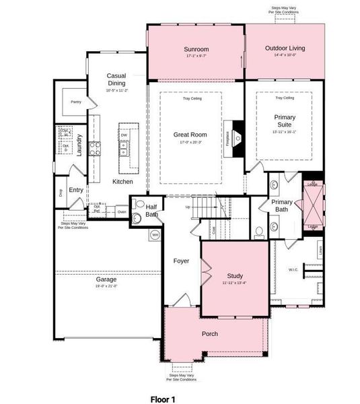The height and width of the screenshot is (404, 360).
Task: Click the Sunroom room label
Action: coord(196,49)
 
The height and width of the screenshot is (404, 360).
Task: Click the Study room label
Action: coord(235,275)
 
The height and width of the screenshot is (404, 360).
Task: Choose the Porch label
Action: coord(210,334)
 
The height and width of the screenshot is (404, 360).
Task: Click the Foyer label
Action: coord(181,261)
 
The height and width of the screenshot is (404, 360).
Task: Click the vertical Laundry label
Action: coord(79,145)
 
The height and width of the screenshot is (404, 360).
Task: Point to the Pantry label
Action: coord(75,102)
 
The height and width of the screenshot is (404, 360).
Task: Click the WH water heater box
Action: coord(155,234)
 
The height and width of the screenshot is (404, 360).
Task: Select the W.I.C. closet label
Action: coord(293,270)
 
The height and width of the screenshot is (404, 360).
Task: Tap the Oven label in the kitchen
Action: coord(121,211)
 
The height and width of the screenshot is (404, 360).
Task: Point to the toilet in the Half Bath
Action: coord(138,217)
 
